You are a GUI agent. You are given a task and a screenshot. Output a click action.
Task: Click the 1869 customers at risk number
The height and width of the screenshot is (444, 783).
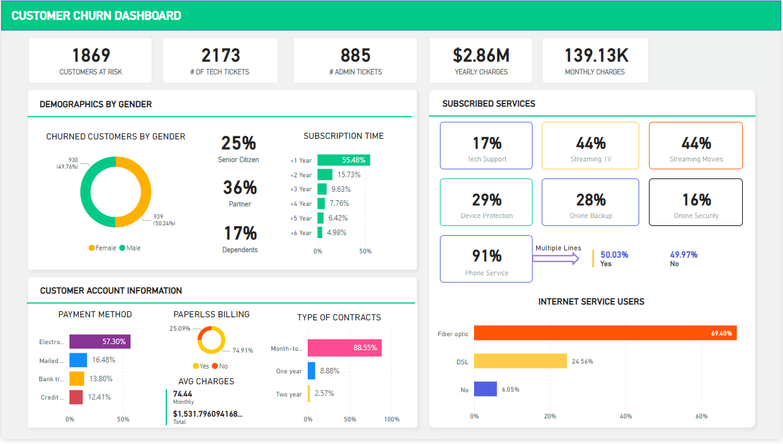tap(91, 55)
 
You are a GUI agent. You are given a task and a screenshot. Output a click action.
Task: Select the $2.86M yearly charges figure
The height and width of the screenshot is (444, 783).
tap(481, 55)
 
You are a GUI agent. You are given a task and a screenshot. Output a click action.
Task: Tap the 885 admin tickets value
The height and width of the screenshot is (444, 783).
tap(355, 55)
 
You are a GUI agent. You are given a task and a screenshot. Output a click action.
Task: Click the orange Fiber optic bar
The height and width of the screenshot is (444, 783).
tap(605, 333)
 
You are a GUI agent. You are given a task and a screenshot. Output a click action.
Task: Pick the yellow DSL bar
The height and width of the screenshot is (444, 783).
tap(520, 361)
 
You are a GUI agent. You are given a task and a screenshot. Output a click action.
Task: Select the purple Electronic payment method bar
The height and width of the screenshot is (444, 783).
tap(100, 342)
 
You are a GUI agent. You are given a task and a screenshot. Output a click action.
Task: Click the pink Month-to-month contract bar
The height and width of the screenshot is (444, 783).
tap(344, 348)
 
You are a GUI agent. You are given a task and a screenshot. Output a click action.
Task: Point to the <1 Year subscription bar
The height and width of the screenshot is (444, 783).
tap(344, 160)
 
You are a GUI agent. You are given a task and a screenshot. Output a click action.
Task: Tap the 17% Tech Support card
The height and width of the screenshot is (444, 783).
tap(486, 146)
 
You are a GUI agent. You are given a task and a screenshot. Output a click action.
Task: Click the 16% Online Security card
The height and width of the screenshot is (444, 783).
tap(696, 202)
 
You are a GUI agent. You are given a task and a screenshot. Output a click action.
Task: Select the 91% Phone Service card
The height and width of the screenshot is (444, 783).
tap(486, 258)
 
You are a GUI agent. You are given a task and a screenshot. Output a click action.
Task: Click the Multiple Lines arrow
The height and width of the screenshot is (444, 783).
tap(556, 259)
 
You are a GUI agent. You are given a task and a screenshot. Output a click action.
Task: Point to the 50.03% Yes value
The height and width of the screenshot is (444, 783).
tap(614, 255)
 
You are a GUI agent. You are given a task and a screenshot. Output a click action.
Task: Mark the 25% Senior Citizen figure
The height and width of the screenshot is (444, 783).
tap(238, 144)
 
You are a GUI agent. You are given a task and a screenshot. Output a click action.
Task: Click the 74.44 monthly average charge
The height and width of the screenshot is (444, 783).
tap(183, 393)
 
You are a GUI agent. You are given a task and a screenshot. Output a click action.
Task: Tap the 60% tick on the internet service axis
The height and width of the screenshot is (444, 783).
tap(701, 416)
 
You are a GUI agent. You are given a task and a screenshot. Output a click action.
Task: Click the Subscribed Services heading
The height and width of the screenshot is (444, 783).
tap(489, 104)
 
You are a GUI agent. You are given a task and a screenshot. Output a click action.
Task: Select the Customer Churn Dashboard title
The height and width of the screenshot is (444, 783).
tap(96, 16)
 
